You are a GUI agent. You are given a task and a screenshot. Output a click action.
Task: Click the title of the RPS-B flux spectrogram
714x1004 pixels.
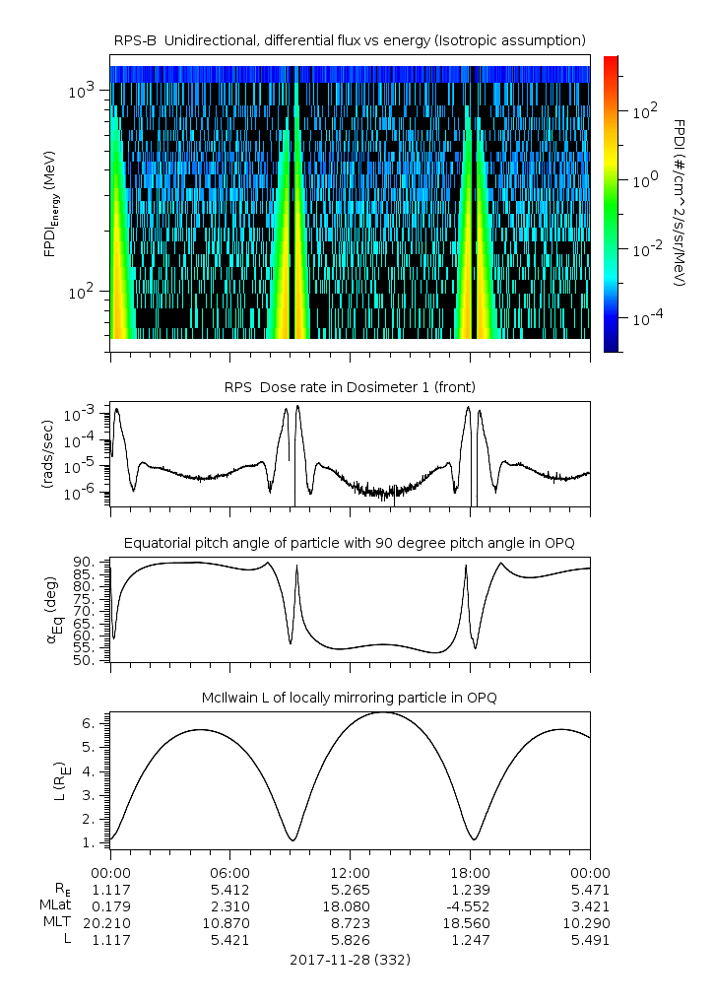pos(350,39)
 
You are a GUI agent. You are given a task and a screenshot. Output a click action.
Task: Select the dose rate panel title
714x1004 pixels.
pos(350,387)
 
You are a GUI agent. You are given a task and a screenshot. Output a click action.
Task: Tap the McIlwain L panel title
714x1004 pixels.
pos(350,698)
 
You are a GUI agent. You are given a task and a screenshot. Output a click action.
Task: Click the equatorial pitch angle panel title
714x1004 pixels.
pos(350,543)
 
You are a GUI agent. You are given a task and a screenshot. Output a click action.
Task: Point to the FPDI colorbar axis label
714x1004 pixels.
pos(681,202)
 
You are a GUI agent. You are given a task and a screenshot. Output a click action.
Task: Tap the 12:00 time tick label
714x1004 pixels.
pos(350,872)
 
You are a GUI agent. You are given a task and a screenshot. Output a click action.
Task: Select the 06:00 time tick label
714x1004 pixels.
pos(230,872)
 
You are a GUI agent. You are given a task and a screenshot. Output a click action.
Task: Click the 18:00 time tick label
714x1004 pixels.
pos(470,872)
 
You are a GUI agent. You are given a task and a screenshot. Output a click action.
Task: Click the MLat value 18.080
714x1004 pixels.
pos(350,905)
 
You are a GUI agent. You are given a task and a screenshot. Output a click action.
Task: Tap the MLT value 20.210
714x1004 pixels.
pos(110,923)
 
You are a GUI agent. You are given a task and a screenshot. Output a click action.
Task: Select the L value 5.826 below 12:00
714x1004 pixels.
pos(350,940)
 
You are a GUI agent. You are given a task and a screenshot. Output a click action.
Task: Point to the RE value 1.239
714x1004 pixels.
pos(470,889)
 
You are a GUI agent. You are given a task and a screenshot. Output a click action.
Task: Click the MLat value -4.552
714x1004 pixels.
pos(470,905)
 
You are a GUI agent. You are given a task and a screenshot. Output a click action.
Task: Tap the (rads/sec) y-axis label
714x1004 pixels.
pos(46,453)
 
